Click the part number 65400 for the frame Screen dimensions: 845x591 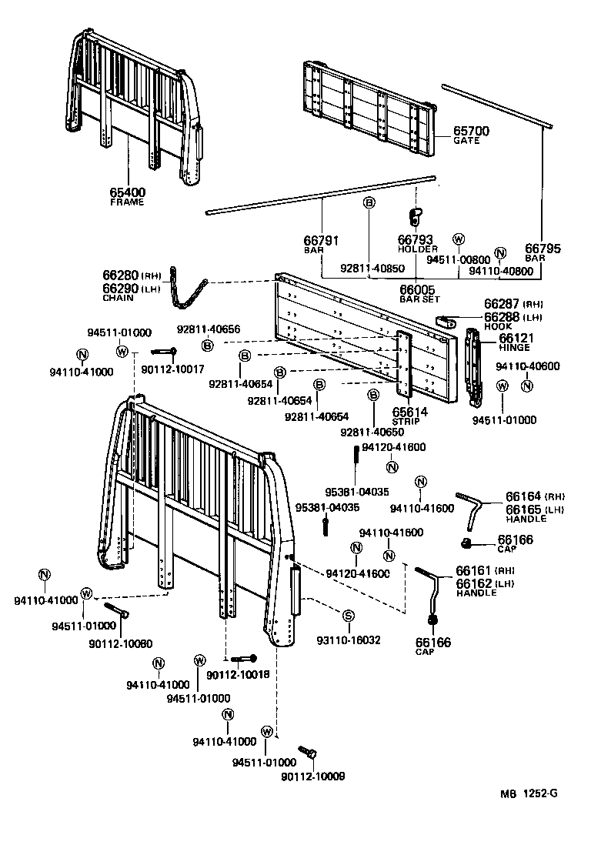[x=127, y=192]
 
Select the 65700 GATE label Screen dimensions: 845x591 [x=471, y=135]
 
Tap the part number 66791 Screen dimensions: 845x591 [x=322, y=241]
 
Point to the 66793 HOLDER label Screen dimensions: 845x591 [x=417, y=244]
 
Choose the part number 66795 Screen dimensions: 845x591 [x=543, y=249]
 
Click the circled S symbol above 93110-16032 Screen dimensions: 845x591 [x=348, y=615]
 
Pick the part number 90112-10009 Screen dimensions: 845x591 [x=314, y=777]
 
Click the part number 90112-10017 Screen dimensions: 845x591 [x=173, y=370]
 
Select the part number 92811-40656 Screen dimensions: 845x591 [x=208, y=329]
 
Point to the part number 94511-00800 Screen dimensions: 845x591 [x=459, y=259]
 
